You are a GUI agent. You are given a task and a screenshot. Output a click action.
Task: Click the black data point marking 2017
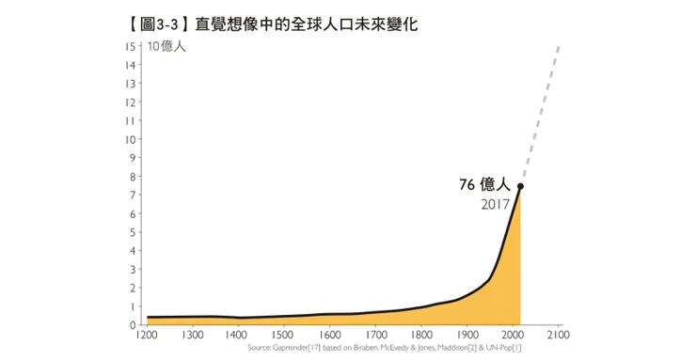[x=520, y=186]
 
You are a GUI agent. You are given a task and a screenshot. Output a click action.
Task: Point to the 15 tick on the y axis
[x=130, y=46]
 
